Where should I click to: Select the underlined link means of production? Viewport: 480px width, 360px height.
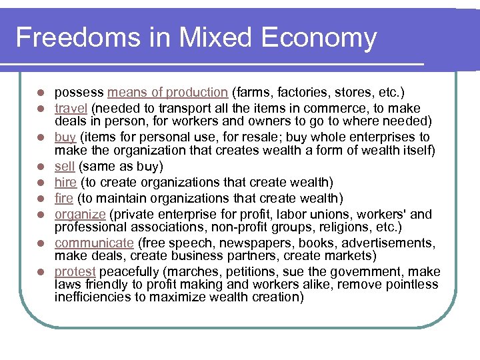168,92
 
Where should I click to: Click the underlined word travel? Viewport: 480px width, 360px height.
71,108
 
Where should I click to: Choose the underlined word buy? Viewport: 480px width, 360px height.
65,137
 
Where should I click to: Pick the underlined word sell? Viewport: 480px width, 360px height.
64,166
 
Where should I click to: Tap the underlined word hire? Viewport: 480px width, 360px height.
65,182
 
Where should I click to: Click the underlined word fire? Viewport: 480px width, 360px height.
64,198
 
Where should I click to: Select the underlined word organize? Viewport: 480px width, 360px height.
80,215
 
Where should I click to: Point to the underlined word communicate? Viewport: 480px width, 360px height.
95,243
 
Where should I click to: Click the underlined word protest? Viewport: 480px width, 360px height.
75,272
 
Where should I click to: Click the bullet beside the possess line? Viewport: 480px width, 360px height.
41,93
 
